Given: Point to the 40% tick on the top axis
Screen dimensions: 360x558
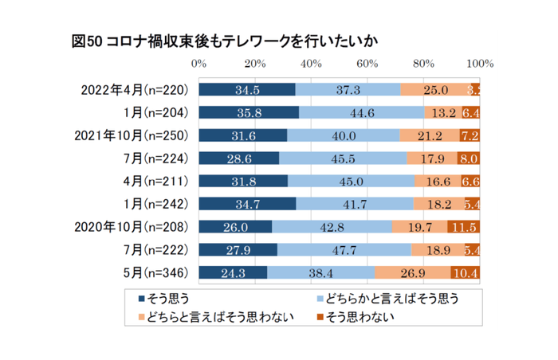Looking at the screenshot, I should [x=311, y=64].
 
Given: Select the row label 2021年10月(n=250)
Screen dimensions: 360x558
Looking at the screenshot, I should [x=132, y=135].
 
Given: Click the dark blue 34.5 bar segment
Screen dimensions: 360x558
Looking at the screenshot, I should [x=246, y=89].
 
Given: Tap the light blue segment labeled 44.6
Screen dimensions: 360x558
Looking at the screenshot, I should [x=362, y=112].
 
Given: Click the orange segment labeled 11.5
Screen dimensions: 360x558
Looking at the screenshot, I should [x=463, y=227].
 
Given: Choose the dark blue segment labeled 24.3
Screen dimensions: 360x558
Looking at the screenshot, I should [x=233, y=273].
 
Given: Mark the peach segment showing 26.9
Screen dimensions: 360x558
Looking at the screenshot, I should [x=412, y=273].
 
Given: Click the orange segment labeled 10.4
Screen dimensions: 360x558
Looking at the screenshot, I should [x=465, y=273].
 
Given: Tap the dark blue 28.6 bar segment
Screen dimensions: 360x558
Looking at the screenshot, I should [x=238, y=158].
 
